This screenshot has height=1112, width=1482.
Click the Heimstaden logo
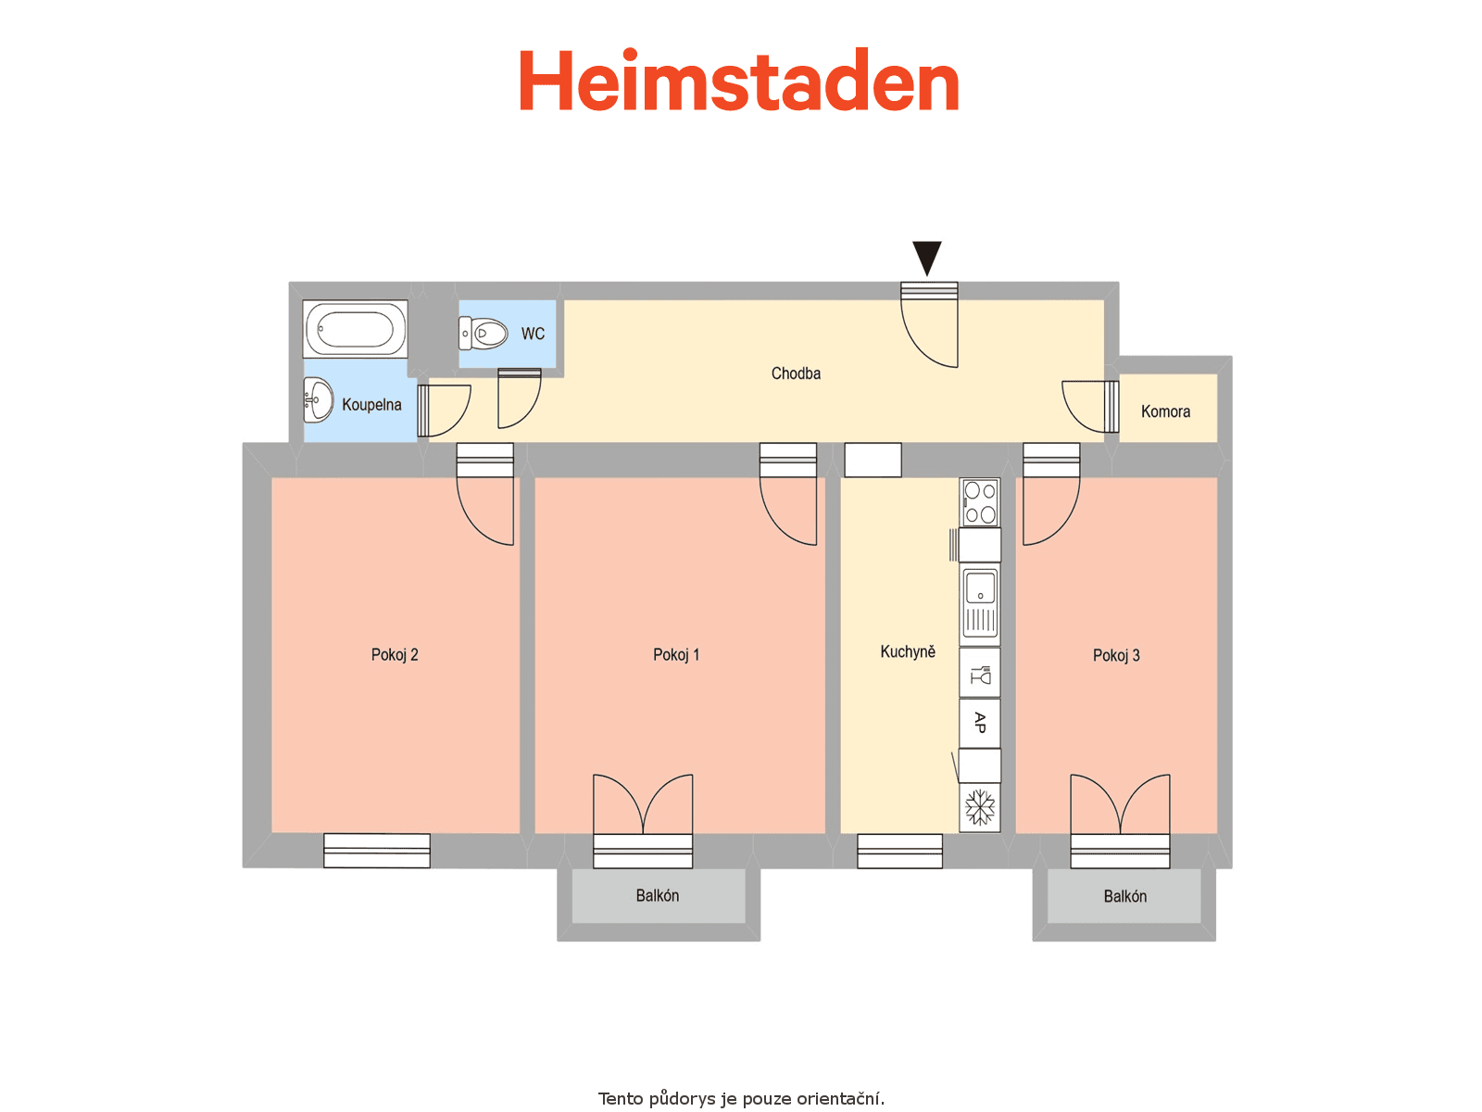coord(738,80)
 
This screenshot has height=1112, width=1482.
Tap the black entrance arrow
coord(927,258)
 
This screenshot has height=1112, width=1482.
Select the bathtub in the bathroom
coord(355,329)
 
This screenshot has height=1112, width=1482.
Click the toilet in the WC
coord(484,334)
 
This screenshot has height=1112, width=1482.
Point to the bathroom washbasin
coord(318,399)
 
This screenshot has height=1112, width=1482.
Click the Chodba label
coord(796,373)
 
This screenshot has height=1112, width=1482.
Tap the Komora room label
coord(1165,411)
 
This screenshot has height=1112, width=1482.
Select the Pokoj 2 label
coord(395,655)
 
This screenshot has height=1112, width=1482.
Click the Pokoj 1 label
coord(676,655)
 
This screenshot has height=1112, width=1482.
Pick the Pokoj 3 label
coord(1116,655)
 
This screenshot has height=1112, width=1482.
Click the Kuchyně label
coord(908,651)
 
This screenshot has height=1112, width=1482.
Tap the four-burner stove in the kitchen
coord(980,502)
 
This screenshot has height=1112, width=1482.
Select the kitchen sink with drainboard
coord(980,604)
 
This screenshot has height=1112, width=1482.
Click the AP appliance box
coord(980,723)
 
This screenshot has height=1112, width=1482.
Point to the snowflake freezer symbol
coord(980,807)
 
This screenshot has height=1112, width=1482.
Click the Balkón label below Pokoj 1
coord(657,896)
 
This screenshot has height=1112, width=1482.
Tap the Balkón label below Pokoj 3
coord(1124,897)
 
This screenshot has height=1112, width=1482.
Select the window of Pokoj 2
coord(377,851)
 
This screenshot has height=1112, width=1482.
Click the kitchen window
coord(900,851)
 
